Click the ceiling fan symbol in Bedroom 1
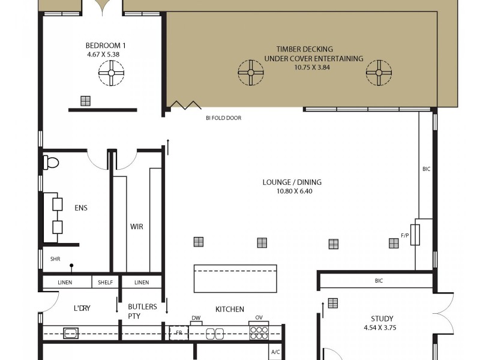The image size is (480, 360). point(111,74)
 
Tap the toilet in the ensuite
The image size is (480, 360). point(50,162)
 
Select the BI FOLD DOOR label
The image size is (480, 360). point(223,118)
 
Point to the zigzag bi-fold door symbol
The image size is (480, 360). point(184,105)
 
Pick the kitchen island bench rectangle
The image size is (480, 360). point(235,278)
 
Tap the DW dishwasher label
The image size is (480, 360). point(196,319)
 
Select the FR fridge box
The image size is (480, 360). point(179,333)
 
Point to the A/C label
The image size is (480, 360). point(275,352)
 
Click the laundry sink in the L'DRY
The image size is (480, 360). point(71,333)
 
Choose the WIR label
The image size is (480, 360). point(137,227)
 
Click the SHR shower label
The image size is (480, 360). point(55,260)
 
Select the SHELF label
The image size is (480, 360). point(106,282)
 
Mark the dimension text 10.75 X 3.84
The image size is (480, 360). point(304,68)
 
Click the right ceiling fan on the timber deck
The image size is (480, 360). point(379,73)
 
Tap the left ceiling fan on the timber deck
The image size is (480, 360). point(250,73)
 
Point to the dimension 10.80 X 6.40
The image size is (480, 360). point(295,191)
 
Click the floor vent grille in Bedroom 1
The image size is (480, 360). point(85,101)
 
